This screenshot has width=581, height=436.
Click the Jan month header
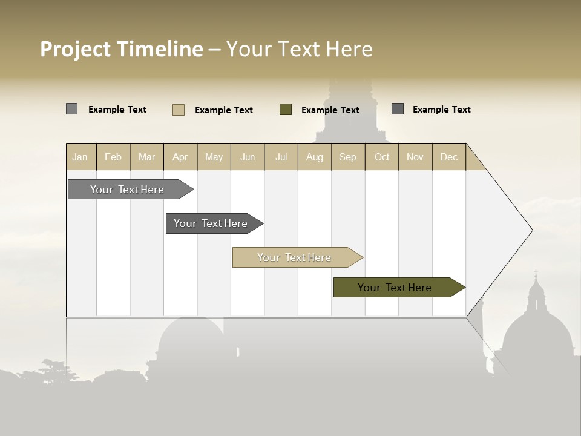[x=80, y=157]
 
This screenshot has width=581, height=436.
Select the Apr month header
[x=180, y=157]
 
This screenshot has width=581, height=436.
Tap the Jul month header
[x=281, y=157]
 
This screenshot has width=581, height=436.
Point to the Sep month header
[x=347, y=157]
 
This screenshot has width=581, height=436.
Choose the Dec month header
[x=448, y=157]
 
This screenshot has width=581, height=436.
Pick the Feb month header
[x=113, y=157]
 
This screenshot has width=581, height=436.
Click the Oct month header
[x=382, y=157]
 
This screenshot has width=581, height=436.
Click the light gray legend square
[x=72, y=109]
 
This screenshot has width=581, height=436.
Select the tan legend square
[x=179, y=110]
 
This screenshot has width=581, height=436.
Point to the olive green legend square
[x=286, y=110]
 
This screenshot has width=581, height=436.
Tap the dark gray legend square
[x=398, y=109]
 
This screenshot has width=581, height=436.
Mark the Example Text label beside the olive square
[x=330, y=110]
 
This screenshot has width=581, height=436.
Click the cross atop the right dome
[x=536, y=273]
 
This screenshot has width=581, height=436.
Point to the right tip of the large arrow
[x=531, y=230]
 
